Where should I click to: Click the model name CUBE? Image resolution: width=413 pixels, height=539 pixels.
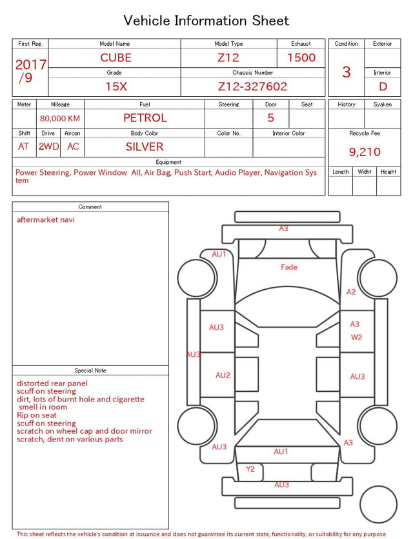[x=116, y=57]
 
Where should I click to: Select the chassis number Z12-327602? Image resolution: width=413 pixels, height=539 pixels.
[x=252, y=86]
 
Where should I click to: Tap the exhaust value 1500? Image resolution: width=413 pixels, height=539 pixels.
[x=301, y=57]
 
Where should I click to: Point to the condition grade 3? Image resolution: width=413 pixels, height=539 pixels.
[x=347, y=72]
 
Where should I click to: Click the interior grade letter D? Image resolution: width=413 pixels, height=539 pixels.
[x=383, y=86]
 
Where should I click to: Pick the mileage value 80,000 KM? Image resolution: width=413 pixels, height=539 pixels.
[x=60, y=118]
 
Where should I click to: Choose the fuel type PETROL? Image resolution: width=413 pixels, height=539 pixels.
[x=145, y=118]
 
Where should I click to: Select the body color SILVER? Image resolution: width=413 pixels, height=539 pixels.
[x=145, y=147]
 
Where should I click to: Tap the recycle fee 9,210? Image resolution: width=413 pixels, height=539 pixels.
[x=365, y=152]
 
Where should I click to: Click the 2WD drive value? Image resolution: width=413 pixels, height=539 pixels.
[x=48, y=147]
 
